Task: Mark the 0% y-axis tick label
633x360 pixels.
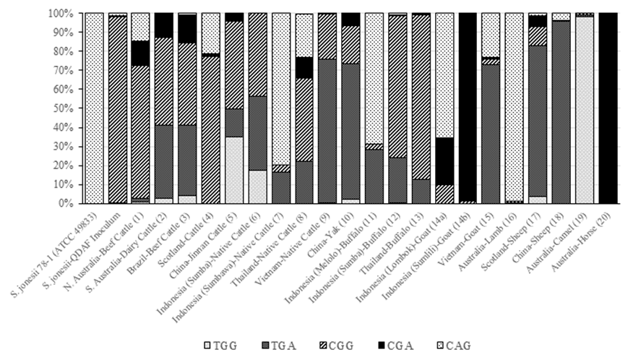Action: click(x=64, y=204)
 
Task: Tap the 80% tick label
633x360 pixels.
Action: click(x=62, y=51)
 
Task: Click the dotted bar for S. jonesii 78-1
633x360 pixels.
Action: click(x=94, y=108)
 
